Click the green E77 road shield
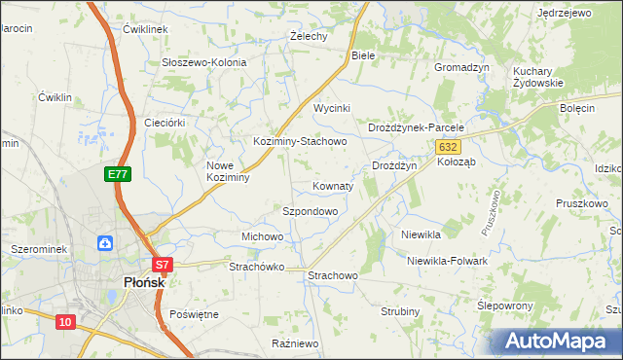(118, 174)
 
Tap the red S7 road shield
(163, 264)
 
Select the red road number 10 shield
(65, 322)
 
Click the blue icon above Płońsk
(103, 241)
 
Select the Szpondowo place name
(310, 210)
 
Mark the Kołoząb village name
(457, 162)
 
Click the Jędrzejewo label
(565, 13)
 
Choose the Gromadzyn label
(460, 67)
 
